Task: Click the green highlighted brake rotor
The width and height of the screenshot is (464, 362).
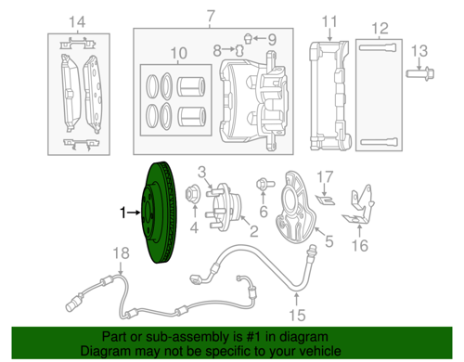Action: pyautogui.click(x=158, y=213)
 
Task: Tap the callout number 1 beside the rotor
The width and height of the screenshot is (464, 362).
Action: pyautogui.click(x=122, y=213)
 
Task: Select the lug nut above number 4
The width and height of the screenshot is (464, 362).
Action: pyautogui.click(x=193, y=195)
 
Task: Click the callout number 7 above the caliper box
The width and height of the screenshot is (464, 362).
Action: pyautogui.click(x=211, y=16)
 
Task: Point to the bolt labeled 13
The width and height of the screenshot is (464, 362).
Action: pyautogui.click(x=420, y=73)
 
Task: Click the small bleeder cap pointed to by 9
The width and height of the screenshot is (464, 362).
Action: pyautogui.click(x=248, y=38)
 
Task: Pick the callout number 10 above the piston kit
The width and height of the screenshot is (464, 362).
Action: pyautogui.click(x=178, y=53)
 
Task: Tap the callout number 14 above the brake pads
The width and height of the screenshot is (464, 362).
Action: pyautogui.click(x=77, y=22)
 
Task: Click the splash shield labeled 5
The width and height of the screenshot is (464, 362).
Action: pyautogui.click(x=294, y=207)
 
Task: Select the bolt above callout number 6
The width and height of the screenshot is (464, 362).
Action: pyautogui.click(x=265, y=184)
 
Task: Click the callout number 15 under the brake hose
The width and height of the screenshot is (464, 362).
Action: pyautogui.click(x=297, y=315)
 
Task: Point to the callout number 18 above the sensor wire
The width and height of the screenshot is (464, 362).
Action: pyautogui.click(x=121, y=253)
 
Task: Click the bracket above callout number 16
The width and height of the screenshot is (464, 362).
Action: pyautogui.click(x=359, y=205)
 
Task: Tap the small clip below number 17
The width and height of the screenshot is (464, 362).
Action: pyautogui.click(x=326, y=200)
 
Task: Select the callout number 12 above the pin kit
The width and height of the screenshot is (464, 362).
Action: pyautogui.click(x=380, y=29)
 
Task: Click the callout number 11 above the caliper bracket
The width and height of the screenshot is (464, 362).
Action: pyautogui.click(x=329, y=21)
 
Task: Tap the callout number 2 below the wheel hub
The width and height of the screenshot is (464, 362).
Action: pyautogui.click(x=254, y=231)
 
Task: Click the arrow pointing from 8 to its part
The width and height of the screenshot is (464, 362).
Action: pyautogui.click(x=228, y=49)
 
